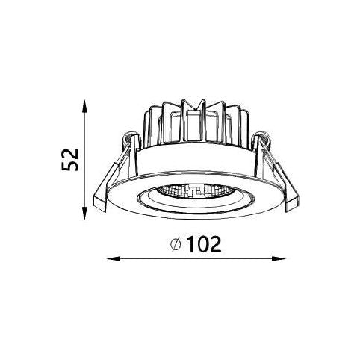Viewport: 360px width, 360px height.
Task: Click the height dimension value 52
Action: click(x=69, y=160)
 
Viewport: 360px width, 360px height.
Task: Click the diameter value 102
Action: click(x=204, y=244)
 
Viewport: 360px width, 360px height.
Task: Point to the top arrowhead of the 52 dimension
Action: click(x=84, y=106)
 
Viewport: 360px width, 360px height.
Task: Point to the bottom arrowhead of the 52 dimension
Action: click(x=84, y=213)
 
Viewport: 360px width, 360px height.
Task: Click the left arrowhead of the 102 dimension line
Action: click(x=114, y=259)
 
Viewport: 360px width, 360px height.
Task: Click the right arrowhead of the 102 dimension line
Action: click(x=279, y=259)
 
